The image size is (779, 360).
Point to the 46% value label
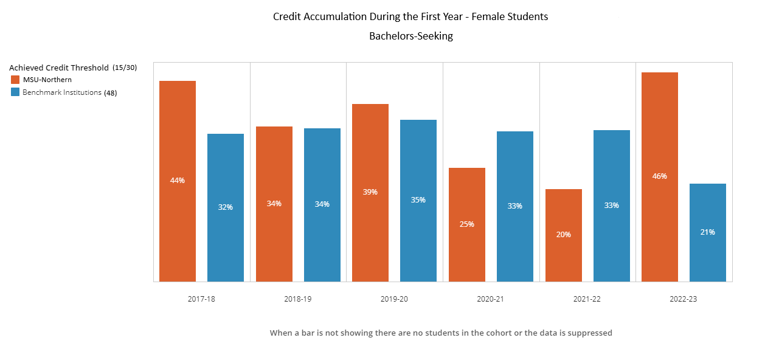click(x=660, y=176)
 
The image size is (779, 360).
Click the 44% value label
click(x=178, y=181)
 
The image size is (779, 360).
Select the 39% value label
click(x=370, y=192)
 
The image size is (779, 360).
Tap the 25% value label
click(x=467, y=224)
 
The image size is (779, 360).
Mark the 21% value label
click(x=708, y=232)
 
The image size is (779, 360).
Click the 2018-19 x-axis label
click(x=298, y=299)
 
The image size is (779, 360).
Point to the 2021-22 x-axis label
click(x=587, y=299)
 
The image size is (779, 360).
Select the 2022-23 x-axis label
click(x=684, y=299)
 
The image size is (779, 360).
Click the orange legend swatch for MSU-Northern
click(x=15, y=80)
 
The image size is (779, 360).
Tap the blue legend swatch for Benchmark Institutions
click(x=15, y=92)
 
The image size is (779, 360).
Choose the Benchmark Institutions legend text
click(x=62, y=92)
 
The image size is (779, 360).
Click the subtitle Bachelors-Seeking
click(x=411, y=36)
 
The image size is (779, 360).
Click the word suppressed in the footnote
click(x=591, y=333)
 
